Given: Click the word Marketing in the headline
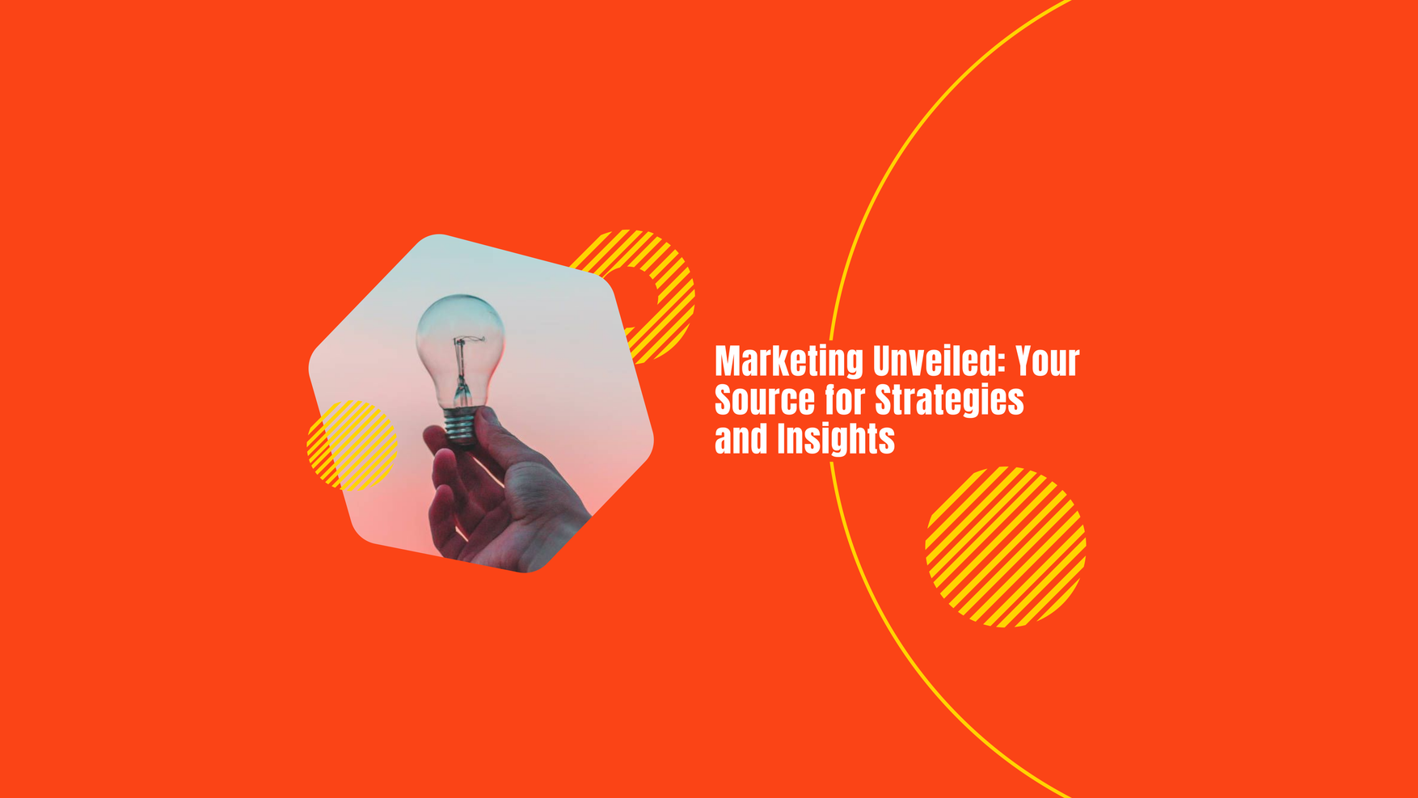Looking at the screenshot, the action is pos(789,362).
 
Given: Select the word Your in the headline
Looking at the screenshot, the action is pos(1048,361).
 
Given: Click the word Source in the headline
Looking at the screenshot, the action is pos(765,400).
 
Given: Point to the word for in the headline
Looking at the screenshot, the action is pos(845,400).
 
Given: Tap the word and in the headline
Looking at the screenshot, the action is pos(741,439).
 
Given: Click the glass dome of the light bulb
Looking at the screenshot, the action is pos(460,348).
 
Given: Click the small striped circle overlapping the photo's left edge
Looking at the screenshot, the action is pos(352,445).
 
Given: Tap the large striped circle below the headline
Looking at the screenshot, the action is pos(1006,547).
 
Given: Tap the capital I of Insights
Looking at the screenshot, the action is pos(782,439).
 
